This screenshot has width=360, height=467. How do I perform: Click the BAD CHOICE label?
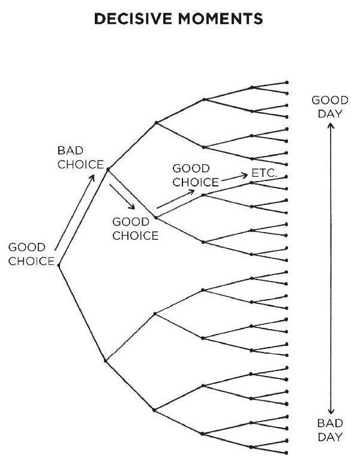(x=80, y=157)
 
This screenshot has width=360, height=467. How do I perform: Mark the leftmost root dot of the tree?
(x=58, y=265)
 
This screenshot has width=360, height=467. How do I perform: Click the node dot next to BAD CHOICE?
(x=107, y=170)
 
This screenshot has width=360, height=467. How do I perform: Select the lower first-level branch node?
(x=106, y=360)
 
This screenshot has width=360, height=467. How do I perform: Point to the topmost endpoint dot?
(x=287, y=82)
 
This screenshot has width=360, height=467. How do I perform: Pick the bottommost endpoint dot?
(x=287, y=453)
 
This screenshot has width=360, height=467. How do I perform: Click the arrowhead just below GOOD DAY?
(x=329, y=127)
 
